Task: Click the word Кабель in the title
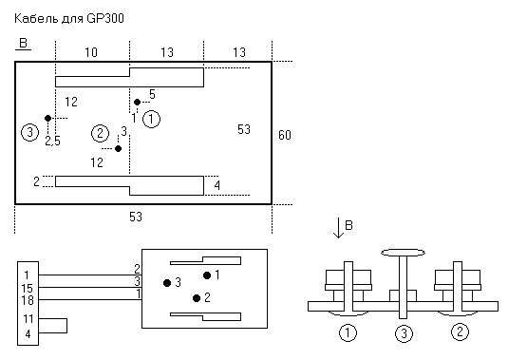[36, 18]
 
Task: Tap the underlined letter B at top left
[23, 44]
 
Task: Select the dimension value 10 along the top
[91, 52]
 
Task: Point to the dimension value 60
[284, 135]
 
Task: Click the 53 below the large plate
[136, 217]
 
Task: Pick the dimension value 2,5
[52, 142]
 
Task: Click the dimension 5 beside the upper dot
[152, 94]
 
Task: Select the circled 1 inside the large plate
[152, 119]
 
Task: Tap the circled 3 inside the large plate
[30, 132]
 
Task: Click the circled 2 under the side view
[460, 332]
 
